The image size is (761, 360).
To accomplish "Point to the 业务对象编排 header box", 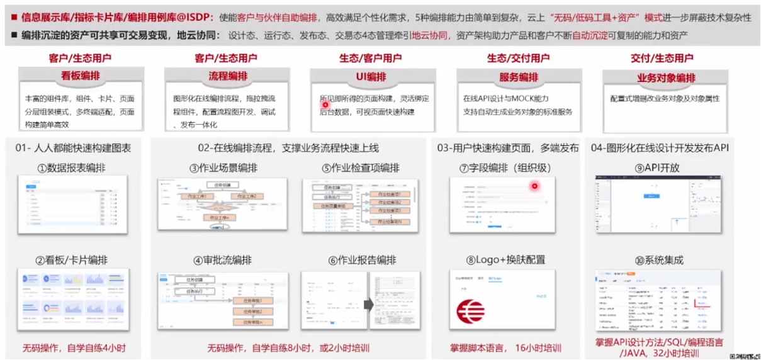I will click(666, 78).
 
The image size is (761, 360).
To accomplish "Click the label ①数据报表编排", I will click(73, 168).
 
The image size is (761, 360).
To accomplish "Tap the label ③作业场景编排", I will click(223, 168).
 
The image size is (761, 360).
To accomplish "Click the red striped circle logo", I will click(471, 312).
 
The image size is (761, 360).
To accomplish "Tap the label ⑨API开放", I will click(657, 168).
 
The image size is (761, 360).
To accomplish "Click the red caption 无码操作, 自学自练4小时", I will click(74, 347).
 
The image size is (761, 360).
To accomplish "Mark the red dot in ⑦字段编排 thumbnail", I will click(535, 186).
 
